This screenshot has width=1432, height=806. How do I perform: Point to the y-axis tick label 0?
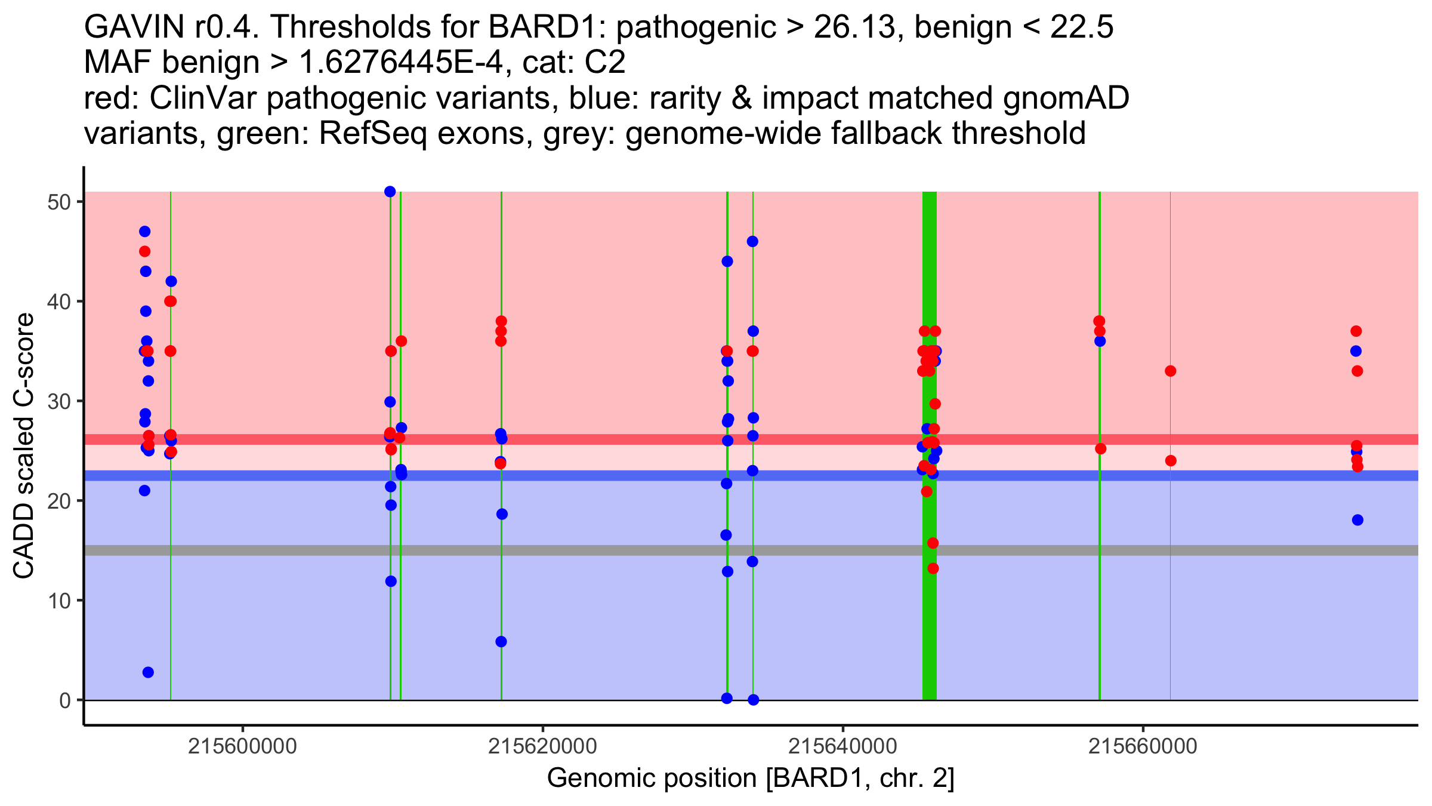tap(64, 700)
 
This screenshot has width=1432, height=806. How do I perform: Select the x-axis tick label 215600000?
tap(242, 746)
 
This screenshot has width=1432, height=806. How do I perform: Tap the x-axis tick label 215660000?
tap(1143, 746)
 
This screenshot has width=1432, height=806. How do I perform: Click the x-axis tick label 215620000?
tap(542, 746)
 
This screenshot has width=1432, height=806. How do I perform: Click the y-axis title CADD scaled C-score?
tap(24, 447)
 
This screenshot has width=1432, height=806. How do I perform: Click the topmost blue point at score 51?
tap(390, 192)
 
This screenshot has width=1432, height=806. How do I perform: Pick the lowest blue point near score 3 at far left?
tap(148, 672)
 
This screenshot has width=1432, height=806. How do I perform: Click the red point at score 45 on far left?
tap(144, 251)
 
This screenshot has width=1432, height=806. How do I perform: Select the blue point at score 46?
tap(752, 242)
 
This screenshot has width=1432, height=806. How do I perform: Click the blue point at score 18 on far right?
tap(1357, 520)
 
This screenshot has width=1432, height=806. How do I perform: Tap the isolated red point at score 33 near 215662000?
tap(1170, 371)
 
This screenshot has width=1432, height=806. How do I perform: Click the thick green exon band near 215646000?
tap(929, 627)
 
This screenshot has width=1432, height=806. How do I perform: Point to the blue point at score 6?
tap(501, 642)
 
